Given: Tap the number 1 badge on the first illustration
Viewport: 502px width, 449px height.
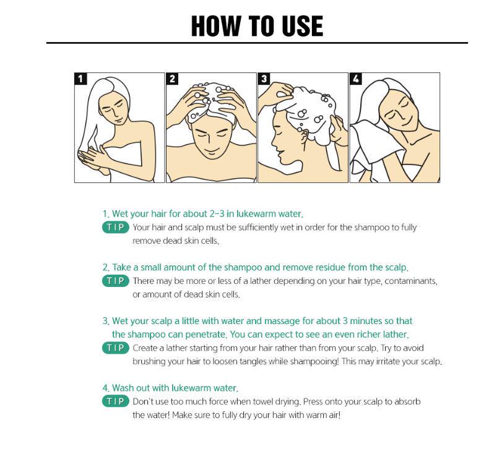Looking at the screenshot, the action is point(80,79).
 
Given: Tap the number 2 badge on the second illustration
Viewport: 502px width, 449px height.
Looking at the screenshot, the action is point(172,79).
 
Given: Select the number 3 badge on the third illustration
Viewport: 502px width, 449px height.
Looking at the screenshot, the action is point(264,79).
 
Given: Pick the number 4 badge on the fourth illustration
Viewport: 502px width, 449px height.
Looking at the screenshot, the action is point(356,79).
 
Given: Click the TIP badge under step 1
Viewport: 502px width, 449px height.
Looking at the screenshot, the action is point(116,228).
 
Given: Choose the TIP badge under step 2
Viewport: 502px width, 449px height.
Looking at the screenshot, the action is point(116,281).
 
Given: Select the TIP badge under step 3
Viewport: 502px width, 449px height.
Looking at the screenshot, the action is point(116,348).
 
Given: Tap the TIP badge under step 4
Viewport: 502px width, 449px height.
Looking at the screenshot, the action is point(116,401).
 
